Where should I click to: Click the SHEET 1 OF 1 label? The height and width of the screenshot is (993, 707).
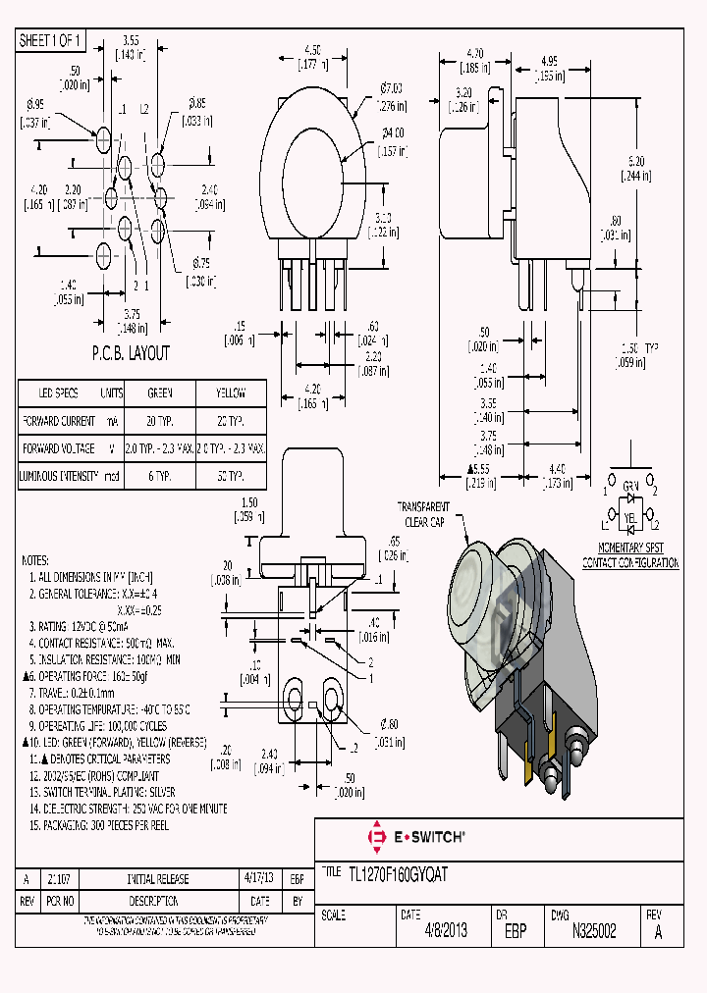coord(51,40)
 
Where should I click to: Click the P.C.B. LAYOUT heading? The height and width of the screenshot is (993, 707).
coord(131,353)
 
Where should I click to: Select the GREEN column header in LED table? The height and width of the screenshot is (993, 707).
coord(160,392)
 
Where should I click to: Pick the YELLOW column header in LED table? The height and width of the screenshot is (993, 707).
coord(231,392)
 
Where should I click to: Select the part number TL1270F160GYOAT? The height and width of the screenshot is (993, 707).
coord(398,875)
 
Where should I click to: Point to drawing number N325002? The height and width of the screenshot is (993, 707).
coord(593,932)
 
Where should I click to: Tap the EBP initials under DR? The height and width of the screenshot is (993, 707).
coord(516,932)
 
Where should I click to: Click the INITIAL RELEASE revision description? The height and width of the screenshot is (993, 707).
coord(158,879)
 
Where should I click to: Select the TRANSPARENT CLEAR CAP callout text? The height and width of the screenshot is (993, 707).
coord(423,514)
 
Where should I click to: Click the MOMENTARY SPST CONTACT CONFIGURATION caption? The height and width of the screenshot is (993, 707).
coord(629,556)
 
